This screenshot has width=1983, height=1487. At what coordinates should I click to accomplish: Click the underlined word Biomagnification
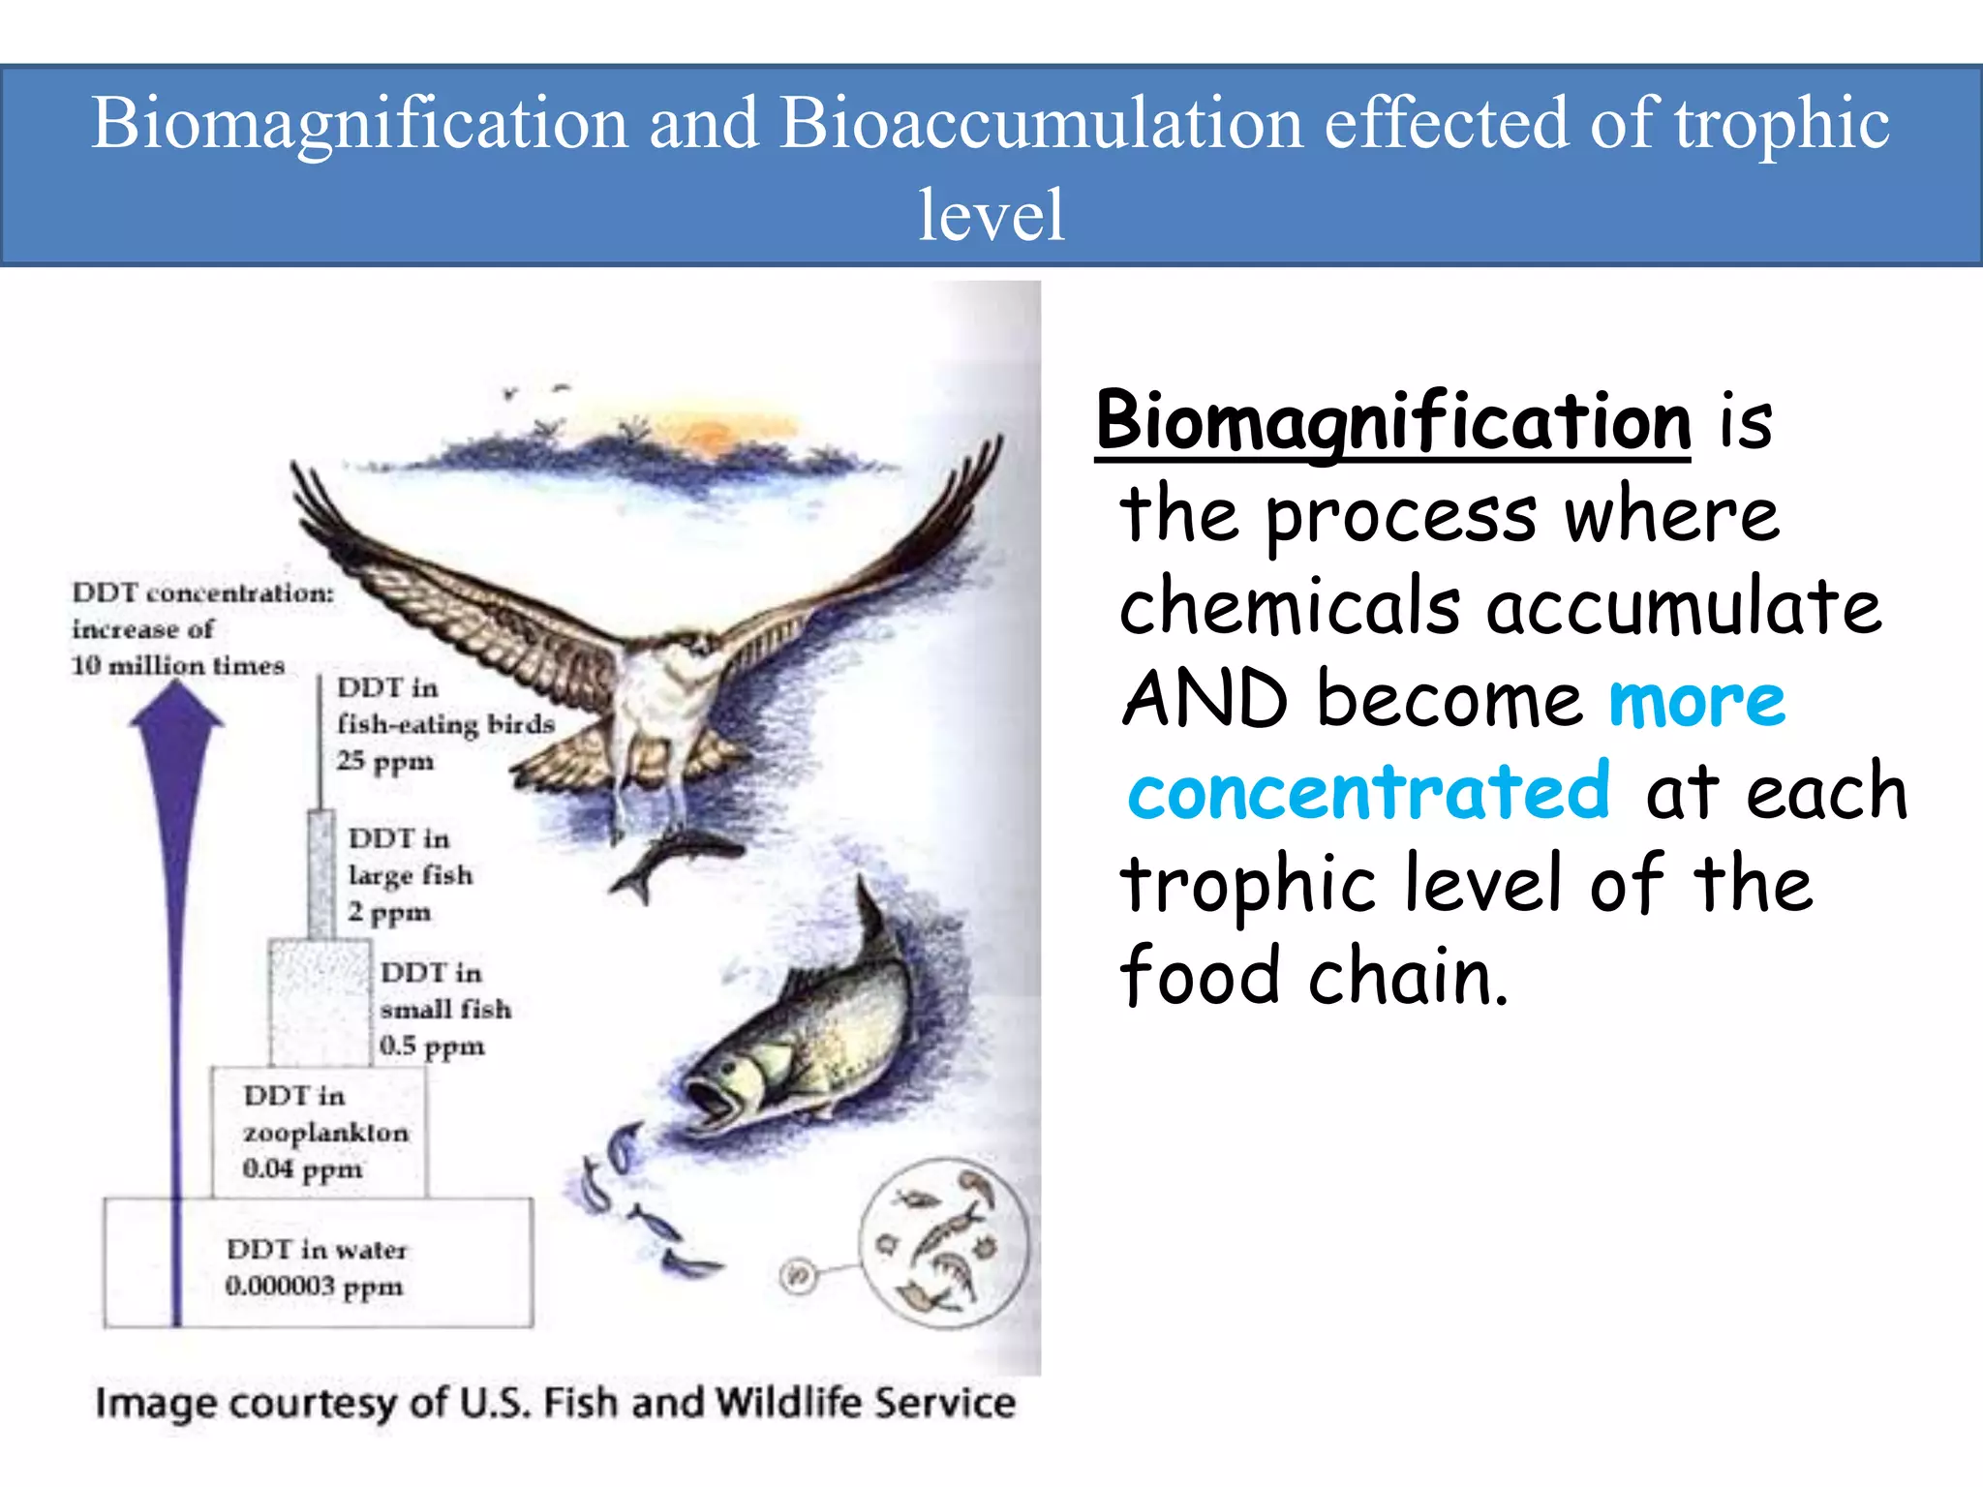(1392, 422)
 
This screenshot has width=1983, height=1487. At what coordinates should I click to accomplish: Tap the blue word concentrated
(1367, 792)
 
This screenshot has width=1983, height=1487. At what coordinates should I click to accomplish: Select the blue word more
(1695, 701)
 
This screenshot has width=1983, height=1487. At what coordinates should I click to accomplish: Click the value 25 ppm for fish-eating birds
(385, 761)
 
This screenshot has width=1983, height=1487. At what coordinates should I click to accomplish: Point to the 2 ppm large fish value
(389, 912)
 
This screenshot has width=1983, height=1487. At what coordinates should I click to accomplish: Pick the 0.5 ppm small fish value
(432, 1047)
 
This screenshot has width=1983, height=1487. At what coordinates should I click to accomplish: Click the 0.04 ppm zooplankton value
(302, 1169)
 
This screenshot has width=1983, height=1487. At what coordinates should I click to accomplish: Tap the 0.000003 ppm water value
(314, 1287)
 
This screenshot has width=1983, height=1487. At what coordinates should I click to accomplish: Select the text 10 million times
(178, 666)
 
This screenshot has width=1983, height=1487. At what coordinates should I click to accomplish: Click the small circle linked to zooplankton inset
(798, 1276)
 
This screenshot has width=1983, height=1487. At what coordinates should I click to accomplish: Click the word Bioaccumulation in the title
(1041, 124)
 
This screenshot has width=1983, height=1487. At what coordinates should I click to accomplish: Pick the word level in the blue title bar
(991, 215)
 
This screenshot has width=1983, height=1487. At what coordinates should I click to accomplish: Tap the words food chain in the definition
(1313, 976)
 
